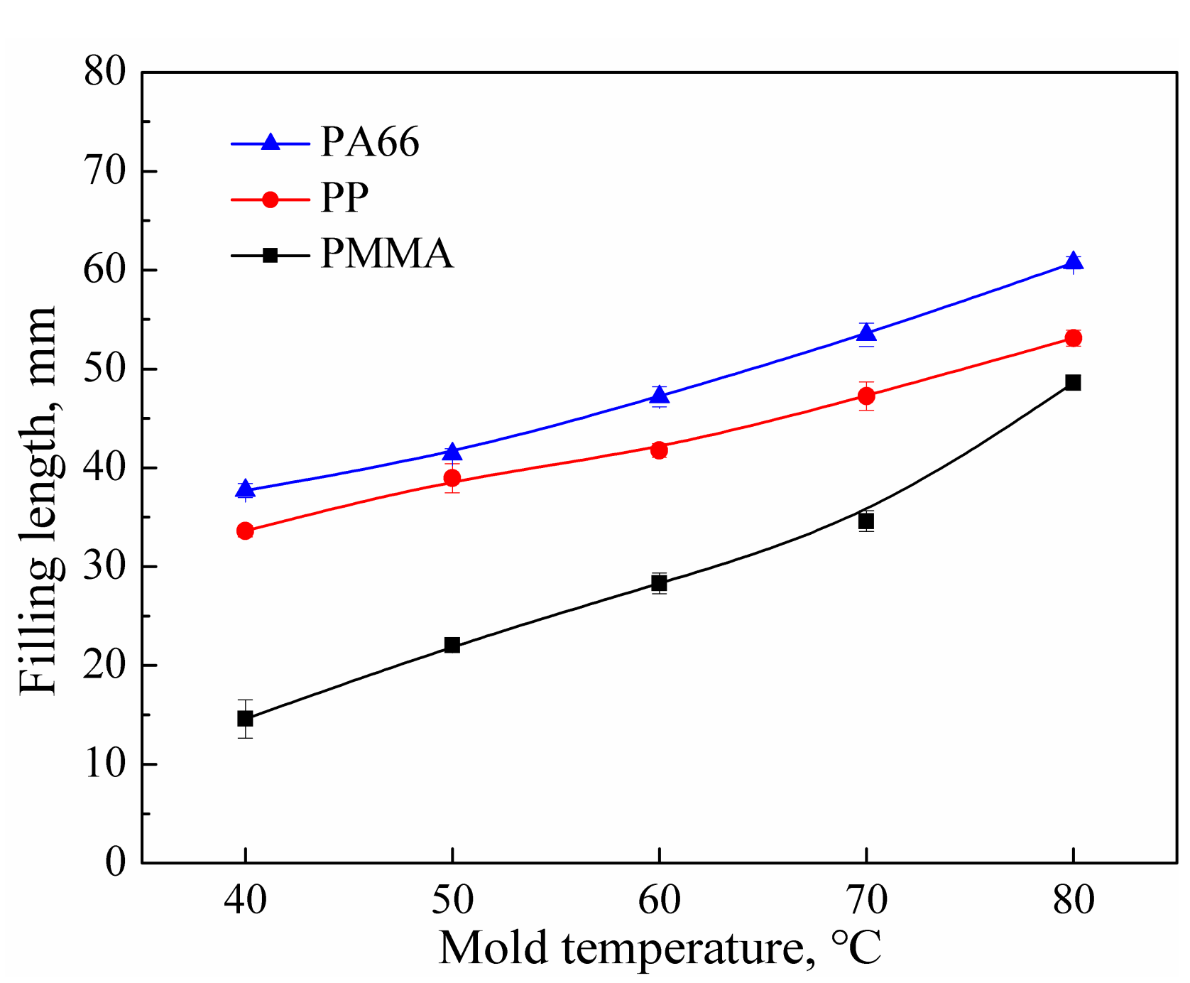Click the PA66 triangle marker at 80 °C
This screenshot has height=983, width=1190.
click(x=1073, y=261)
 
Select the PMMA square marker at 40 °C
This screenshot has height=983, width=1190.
click(x=245, y=718)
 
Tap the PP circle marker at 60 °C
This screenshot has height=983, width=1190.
click(x=659, y=450)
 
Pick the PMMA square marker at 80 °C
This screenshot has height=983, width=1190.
click(x=1073, y=383)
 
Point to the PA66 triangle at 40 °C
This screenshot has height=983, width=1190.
click(x=245, y=489)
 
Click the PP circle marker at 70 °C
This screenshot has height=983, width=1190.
click(x=866, y=396)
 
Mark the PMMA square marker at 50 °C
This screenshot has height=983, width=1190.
click(x=452, y=645)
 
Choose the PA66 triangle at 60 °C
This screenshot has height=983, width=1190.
click(x=659, y=395)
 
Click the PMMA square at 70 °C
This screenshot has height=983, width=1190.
click(x=866, y=521)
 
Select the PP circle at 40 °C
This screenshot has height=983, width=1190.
click(x=245, y=531)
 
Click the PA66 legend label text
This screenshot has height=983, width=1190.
click(x=370, y=142)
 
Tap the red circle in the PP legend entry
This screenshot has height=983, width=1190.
click(x=270, y=200)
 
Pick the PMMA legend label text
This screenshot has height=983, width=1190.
click(x=386, y=254)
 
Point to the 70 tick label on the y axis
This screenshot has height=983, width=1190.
click(x=104, y=171)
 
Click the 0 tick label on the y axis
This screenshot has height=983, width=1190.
click(x=115, y=862)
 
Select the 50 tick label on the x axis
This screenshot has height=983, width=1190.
click(x=452, y=901)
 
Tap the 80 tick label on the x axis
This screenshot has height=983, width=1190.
click(x=1073, y=901)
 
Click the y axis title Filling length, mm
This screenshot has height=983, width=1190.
click(x=37, y=501)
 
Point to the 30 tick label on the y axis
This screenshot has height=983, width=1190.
click(x=104, y=567)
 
